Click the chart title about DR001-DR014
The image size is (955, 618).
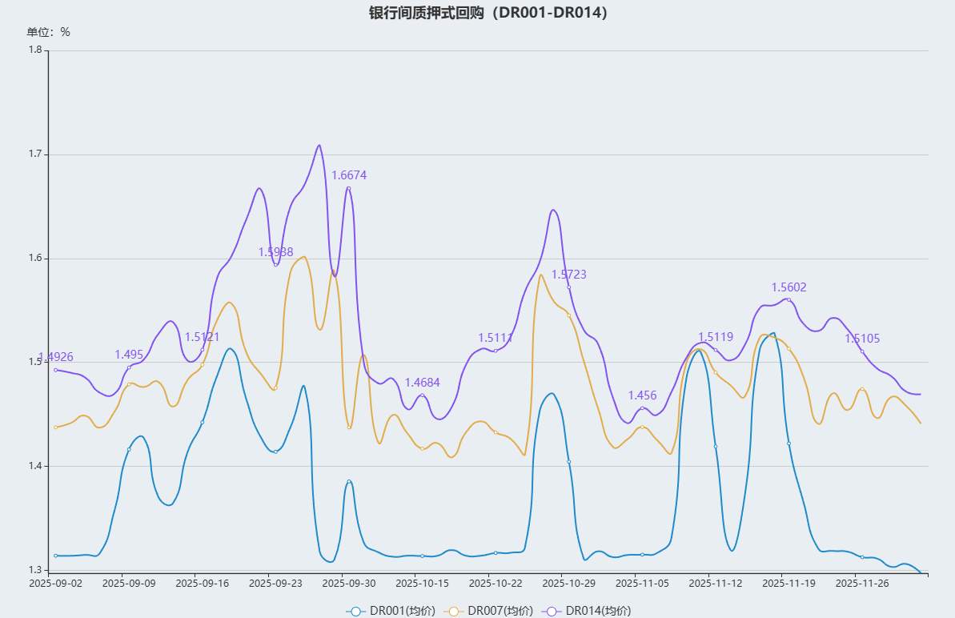tap(488, 13)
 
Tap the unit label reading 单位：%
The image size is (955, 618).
tap(49, 32)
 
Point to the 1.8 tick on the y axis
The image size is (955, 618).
tap(35, 50)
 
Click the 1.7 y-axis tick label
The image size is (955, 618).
tap(35, 154)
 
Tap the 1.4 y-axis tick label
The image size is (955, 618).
tap(35, 466)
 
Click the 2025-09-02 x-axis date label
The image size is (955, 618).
tap(56, 584)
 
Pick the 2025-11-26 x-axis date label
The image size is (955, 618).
tap(862, 584)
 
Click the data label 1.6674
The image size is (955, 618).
tap(349, 175)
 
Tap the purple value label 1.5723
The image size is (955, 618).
tap(568, 275)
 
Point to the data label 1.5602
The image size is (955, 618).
tap(788, 287)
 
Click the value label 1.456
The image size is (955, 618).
tap(642, 395)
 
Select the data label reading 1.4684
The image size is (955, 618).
tap(422, 383)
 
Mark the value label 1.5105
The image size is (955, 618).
tap(862, 339)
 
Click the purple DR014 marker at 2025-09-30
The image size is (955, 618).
tap(349, 188)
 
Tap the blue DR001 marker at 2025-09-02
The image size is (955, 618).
tap(55, 556)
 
